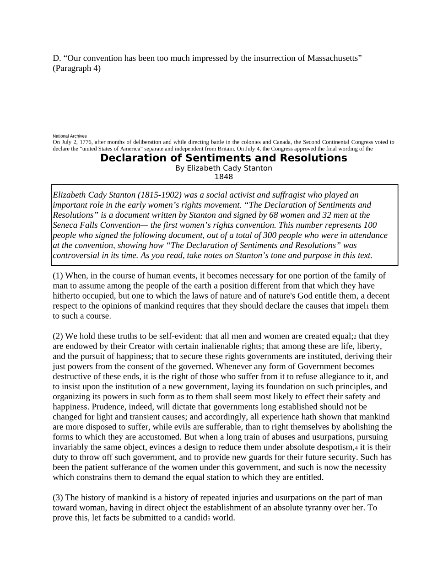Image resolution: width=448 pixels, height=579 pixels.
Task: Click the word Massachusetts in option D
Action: click(x=333, y=58)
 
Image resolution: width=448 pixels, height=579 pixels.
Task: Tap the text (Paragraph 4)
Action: click(x=76, y=68)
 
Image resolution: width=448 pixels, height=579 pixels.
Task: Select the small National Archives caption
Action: click(x=70, y=136)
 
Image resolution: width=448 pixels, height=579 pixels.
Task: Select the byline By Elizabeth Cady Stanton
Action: click(x=223, y=168)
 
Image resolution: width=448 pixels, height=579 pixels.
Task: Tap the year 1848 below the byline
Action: click(x=223, y=177)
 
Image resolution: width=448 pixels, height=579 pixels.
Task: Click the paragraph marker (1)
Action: click(x=58, y=275)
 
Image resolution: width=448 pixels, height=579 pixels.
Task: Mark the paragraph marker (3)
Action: click(x=58, y=498)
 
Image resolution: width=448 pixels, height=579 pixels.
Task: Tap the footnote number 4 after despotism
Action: click(x=356, y=448)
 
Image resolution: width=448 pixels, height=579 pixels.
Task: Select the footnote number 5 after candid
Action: click(x=209, y=519)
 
